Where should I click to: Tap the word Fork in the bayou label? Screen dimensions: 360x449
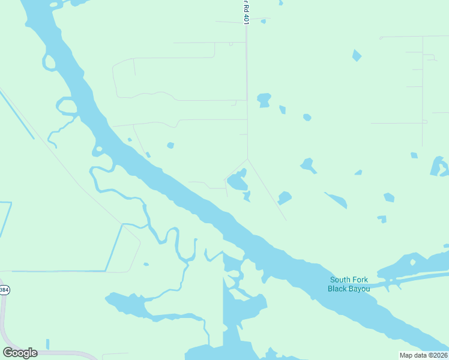pos(360,280)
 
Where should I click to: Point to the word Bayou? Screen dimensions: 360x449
pos(360,289)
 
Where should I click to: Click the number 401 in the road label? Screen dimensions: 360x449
pos(246,17)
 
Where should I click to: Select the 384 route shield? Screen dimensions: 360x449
pos(4,290)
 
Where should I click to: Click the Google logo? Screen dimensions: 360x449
pos(20,353)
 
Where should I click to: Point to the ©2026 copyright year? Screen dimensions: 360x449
pos(436,355)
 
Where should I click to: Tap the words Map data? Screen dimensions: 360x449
pos(412,355)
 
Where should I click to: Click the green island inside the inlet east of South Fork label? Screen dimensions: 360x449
pos(412,262)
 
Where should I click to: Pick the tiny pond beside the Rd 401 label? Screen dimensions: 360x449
pos(263,22)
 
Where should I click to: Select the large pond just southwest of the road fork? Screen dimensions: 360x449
pos(238,179)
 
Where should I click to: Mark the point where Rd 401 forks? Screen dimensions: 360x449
pos(247,159)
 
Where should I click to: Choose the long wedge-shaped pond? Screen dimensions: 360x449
pos(336,200)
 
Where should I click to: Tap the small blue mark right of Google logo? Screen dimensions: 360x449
pos(47,344)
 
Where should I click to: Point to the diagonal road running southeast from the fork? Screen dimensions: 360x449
pos(267,190)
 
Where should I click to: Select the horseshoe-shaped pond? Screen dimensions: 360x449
pos(439,166)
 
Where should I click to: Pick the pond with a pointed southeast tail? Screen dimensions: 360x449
pos(309,165)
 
